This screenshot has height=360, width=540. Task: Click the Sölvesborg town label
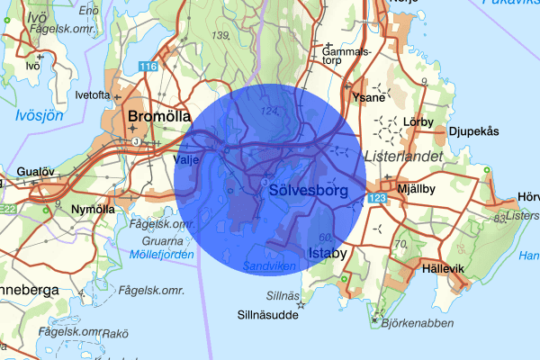(308, 191)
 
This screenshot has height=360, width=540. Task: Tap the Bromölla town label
(160, 117)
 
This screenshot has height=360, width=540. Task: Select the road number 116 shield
(148, 67)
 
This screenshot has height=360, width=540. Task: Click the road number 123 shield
(377, 196)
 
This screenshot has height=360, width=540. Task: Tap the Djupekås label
(473, 131)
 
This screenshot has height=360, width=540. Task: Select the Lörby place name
(419, 120)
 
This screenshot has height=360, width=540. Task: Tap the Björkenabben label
(415, 322)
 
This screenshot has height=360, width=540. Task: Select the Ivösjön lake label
(39, 114)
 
